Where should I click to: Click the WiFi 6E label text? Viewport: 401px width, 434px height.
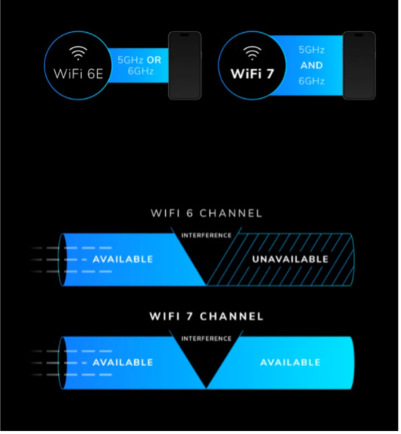pyautogui.click(x=79, y=74)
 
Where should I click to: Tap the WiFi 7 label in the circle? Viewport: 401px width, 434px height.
pyautogui.click(x=252, y=74)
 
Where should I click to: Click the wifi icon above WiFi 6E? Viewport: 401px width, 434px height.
pyautogui.click(x=78, y=53)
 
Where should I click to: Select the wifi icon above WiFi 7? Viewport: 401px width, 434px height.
pyautogui.click(x=252, y=53)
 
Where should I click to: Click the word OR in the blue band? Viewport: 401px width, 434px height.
pyautogui.click(x=154, y=60)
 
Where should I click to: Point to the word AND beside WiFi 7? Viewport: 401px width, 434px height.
pyautogui.click(x=312, y=65)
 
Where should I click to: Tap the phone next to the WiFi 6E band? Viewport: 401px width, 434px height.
pyautogui.click(x=185, y=65)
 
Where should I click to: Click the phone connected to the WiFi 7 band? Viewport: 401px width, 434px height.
pyautogui.click(x=359, y=65)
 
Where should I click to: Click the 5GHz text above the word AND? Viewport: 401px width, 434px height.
pyautogui.click(x=312, y=50)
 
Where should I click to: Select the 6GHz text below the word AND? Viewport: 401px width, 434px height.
pyautogui.click(x=312, y=81)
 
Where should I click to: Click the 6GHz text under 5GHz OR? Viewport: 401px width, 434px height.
pyautogui.click(x=141, y=71)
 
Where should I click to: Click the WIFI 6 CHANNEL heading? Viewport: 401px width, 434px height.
pyautogui.click(x=207, y=213)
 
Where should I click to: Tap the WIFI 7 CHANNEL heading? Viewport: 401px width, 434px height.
pyautogui.click(x=207, y=316)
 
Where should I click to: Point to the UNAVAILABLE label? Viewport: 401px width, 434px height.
pyautogui.click(x=290, y=259)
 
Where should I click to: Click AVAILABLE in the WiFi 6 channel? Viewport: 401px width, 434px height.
pyautogui.click(x=123, y=259)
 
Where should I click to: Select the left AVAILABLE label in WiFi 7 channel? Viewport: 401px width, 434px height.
pyautogui.click(x=123, y=363)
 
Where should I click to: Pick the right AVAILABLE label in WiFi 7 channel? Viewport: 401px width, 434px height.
pyautogui.click(x=291, y=363)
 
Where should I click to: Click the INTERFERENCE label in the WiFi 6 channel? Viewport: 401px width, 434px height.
pyautogui.click(x=207, y=236)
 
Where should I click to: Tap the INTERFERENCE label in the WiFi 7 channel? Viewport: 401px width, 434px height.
pyautogui.click(x=207, y=339)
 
